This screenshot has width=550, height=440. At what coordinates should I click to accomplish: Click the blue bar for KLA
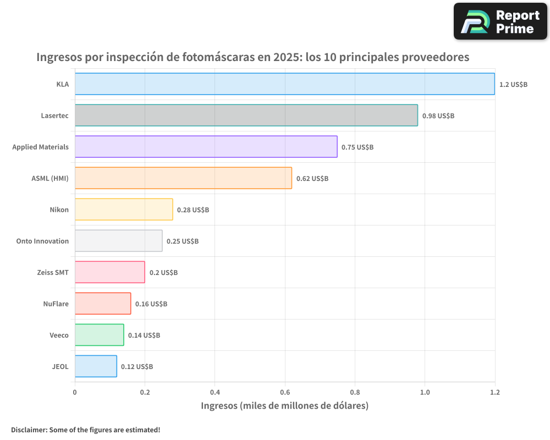[284, 84]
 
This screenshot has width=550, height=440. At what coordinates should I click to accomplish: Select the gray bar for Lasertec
[246, 116]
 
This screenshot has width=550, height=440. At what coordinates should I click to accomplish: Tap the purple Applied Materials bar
[206, 147]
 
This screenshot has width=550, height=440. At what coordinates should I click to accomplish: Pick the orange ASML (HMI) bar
[183, 178]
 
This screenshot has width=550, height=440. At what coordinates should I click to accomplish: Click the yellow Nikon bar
[124, 210]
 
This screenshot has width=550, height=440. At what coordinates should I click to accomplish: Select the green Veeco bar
[99, 335]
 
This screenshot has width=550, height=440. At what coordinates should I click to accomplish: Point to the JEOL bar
[96, 366]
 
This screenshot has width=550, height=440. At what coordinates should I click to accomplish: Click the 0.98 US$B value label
[438, 116]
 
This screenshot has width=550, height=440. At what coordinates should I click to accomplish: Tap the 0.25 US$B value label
[183, 241]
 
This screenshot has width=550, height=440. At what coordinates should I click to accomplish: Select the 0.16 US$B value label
[151, 304]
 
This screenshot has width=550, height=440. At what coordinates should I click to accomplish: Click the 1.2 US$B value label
[513, 85]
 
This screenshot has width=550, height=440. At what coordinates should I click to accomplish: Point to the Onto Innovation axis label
[42, 241]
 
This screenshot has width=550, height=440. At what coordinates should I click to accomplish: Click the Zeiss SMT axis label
[53, 272]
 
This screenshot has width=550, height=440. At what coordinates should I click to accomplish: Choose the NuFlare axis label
[56, 304]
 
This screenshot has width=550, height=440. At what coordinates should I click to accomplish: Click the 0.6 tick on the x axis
[285, 392]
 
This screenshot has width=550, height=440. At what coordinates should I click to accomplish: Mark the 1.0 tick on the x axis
[425, 392]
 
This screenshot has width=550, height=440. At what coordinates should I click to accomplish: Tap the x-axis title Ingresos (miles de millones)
[284, 406]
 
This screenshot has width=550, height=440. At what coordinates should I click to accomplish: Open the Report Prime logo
[501, 21]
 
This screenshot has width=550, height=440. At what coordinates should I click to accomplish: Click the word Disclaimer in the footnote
[29, 430]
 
